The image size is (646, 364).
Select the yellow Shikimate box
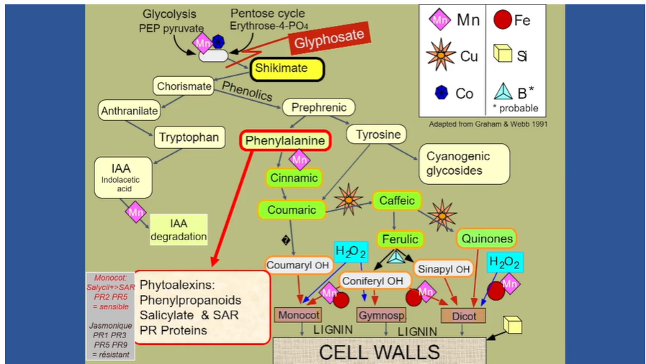[x=287, y=69]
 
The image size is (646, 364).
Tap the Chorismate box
[x=184, y=86]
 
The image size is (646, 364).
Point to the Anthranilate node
[x=128, y=110]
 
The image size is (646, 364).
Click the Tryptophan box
[x=189, y=137]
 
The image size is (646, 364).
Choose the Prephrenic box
[x=319, y=108]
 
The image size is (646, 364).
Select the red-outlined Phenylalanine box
[x=285, y=140]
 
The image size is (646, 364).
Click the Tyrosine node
[x=377, y=135]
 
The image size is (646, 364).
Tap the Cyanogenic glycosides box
[x=464, y=163]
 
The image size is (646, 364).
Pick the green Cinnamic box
[x=294, y=178]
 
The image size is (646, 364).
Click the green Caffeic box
[x=396, y=201]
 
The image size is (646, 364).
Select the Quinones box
[x=486, y=238]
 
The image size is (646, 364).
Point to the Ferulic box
[x=400, y=239]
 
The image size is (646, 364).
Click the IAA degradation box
[x=179, y=229]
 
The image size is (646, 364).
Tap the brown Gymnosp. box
[x=381, y=315]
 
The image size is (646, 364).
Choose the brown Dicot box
[x=464, y=315]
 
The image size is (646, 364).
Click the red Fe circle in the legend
[x=502, y=21]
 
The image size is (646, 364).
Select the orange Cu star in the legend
[x=440, y=55]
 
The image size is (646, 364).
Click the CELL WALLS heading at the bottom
[x=380, y=352]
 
